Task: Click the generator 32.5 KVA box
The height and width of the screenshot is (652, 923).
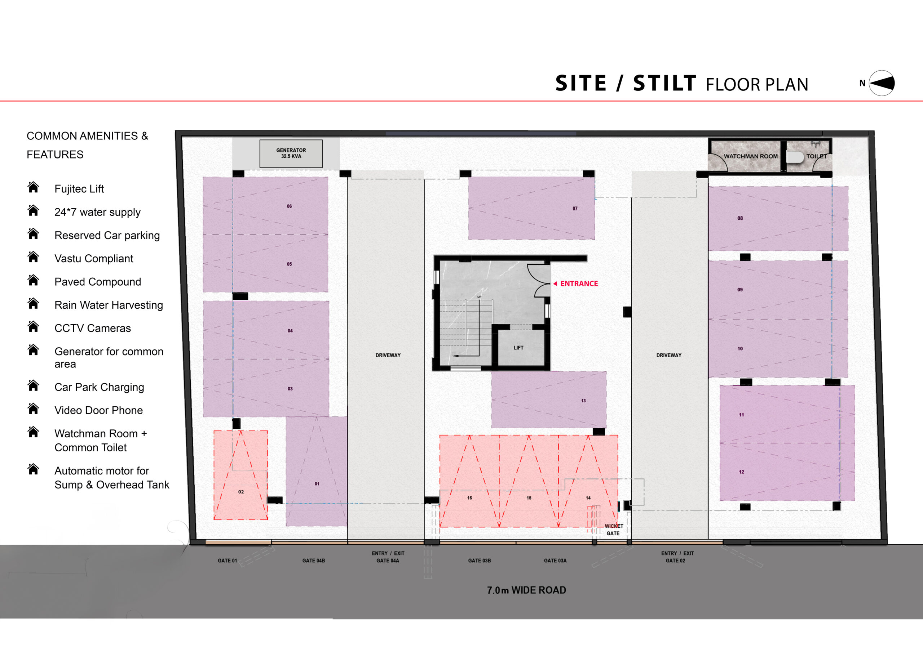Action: click(x=291, y=153)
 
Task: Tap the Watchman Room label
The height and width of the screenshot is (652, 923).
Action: click(x=751, y=156)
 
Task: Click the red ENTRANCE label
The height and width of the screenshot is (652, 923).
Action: click(x=579, y=283)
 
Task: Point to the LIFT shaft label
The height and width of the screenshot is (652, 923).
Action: click(x=518, y=348)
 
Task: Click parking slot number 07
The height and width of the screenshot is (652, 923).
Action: click(x=531, y=208)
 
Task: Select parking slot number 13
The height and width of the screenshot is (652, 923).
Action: click(x=549, y=400)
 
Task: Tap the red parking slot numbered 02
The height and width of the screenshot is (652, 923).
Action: click(x=241, y=475)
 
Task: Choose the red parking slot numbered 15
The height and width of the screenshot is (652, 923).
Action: click(x=529, y=481)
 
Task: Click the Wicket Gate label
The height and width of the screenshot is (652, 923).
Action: click(x=613, y=530)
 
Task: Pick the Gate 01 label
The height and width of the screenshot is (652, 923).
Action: click(x=227, y=561)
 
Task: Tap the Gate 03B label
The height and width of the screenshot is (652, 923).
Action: click(x=479, y=561)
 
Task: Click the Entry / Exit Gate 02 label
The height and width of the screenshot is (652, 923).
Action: click(x=677, y=557)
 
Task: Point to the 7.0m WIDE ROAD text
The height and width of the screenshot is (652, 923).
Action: click(x=526, y=590)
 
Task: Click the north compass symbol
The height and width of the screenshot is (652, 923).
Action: click(x=882, y=83)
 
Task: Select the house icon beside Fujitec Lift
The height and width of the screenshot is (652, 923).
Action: click(x=34, y=187)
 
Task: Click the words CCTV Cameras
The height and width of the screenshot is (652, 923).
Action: click(x=92, y=328)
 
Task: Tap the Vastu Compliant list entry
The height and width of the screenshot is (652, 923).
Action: click(x=94, y=258)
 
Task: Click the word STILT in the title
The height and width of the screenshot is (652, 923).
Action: click(x=664, y=83)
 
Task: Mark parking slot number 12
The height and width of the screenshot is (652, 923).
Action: click(x=787, y=472)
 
